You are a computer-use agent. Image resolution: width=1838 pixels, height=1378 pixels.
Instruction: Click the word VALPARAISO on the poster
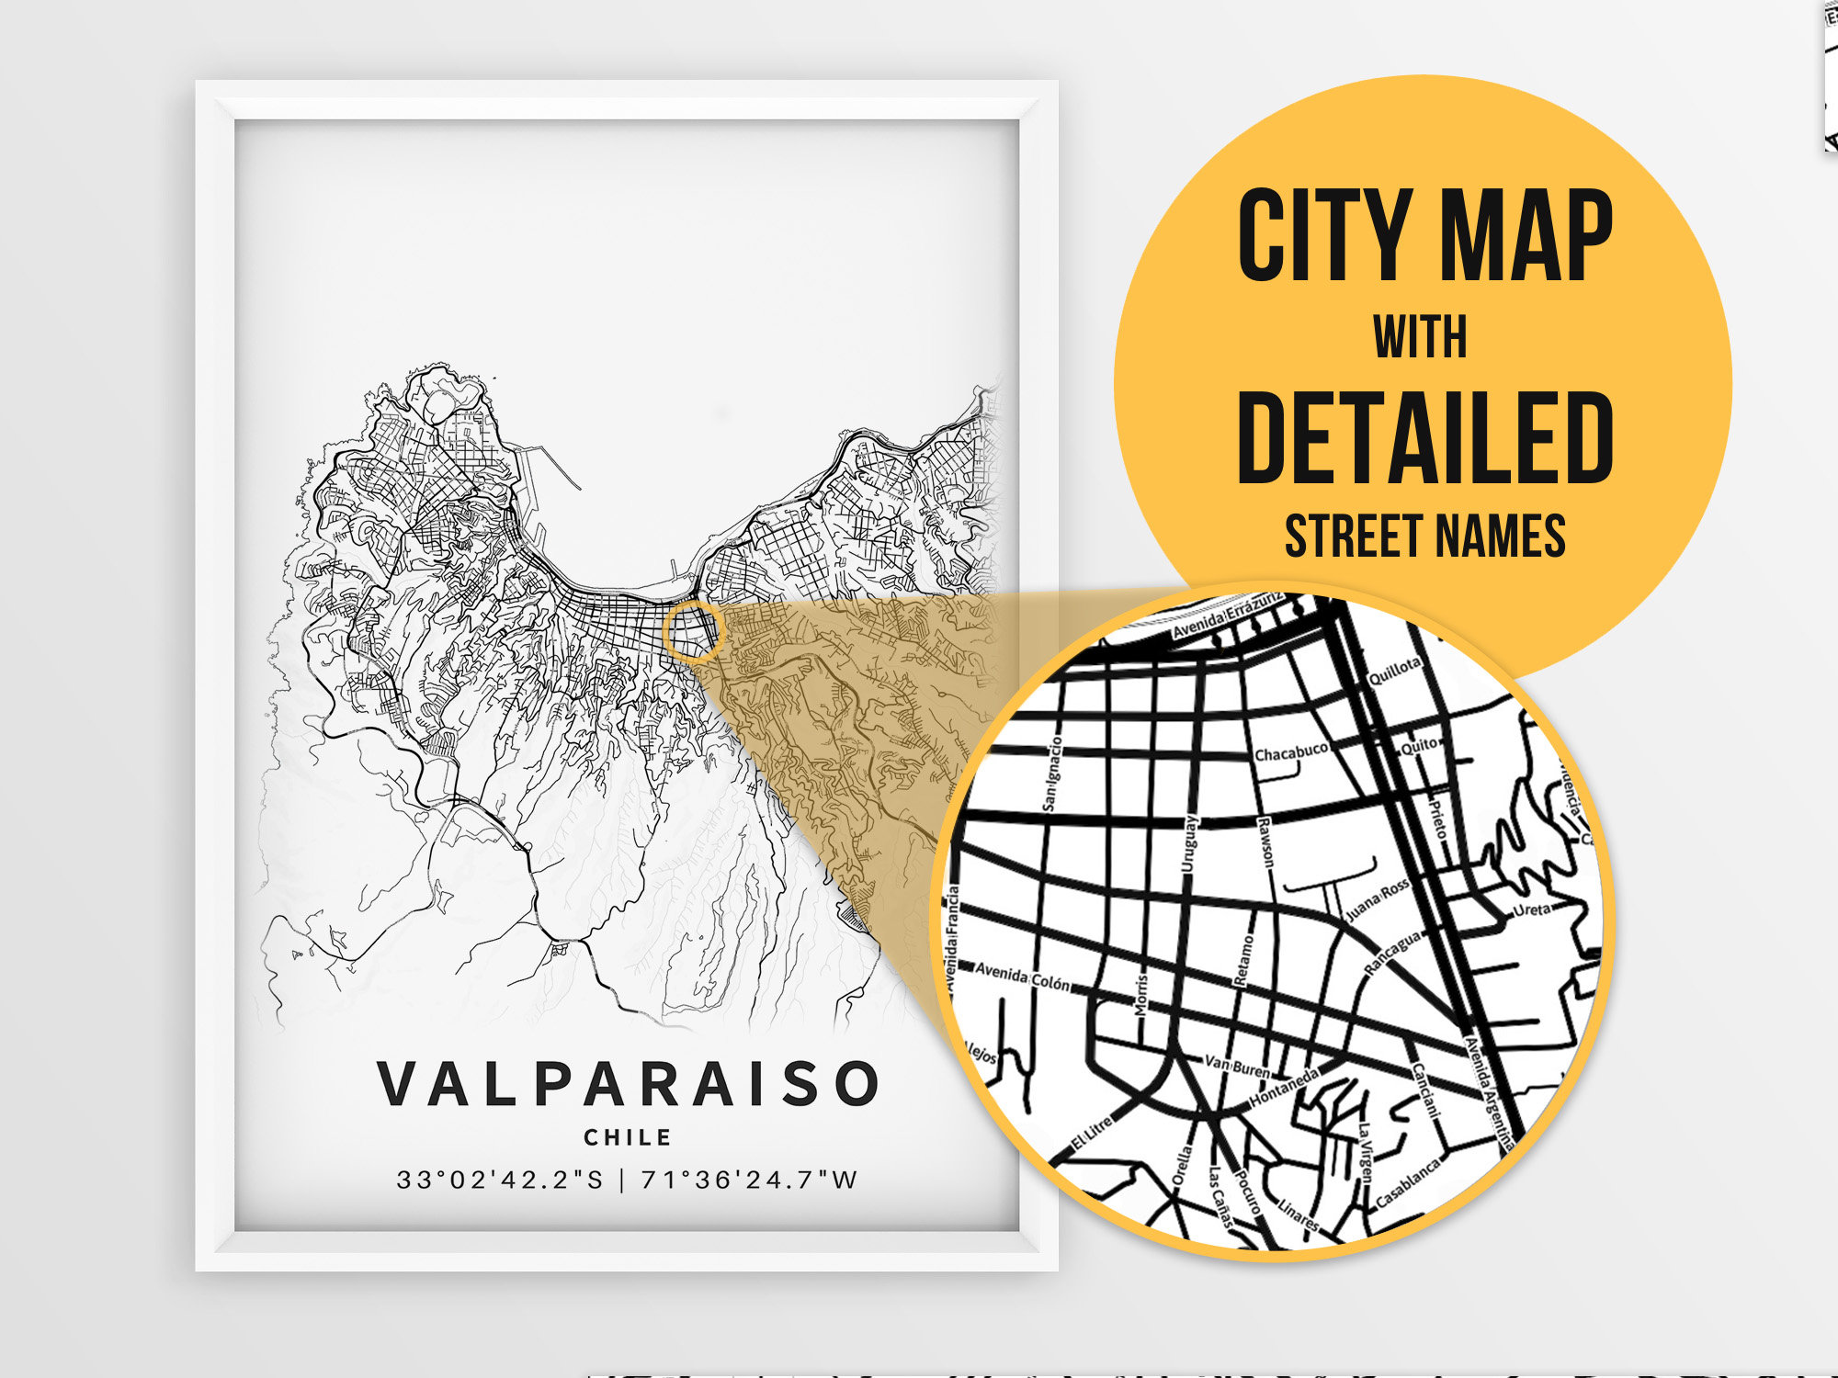point(629,1083)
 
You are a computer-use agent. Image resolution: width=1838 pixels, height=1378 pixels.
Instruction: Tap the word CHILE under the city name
point(629,1137)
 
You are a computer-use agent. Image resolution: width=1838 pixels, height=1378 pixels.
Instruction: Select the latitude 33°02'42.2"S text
point(500,1180)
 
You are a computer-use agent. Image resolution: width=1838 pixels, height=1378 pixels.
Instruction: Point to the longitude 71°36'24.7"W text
point(749,1180)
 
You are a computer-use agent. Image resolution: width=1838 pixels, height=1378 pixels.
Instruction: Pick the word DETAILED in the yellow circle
point(1424,438)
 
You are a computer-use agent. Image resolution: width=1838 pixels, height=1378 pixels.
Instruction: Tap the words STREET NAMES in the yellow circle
point(1424,537)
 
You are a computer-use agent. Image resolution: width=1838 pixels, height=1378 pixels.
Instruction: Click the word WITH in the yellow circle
point(1421,337)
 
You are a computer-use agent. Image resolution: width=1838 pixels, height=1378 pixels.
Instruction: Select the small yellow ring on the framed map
point(694,631)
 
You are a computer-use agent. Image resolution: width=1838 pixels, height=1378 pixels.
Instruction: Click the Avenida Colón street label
point(1022,976)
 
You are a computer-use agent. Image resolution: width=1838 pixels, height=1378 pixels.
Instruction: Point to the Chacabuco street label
point(1291,752)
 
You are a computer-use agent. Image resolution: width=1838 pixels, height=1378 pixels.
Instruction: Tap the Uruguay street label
point(1189,843)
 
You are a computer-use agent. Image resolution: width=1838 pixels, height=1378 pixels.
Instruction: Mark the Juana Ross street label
point(1377,900)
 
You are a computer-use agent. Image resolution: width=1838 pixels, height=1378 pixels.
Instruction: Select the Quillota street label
point(1394,672)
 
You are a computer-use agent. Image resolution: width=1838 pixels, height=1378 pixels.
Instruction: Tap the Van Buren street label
point(1236,1067)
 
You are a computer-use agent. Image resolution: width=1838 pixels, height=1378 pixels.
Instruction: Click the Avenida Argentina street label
point(1489,1092)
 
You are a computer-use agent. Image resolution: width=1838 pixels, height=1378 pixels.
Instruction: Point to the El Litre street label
point(1093,1135)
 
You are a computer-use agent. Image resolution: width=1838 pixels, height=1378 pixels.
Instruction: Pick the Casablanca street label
point(1407,1184)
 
